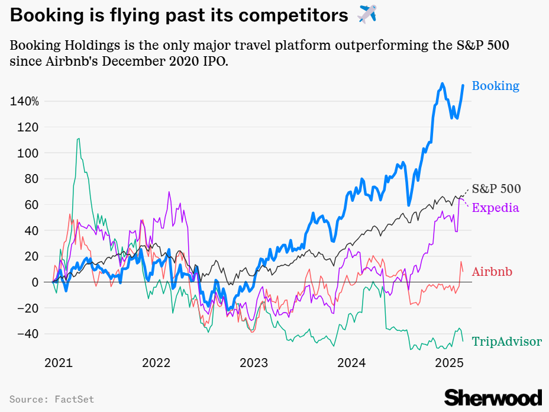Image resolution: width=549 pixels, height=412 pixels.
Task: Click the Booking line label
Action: (495, 86)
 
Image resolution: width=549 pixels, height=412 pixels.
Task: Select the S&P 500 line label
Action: (496, 189)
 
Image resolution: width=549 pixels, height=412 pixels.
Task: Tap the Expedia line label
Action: (496, 207)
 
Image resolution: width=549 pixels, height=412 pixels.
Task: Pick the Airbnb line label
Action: (492, 272)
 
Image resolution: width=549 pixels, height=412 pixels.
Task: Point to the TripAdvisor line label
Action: (506, 342)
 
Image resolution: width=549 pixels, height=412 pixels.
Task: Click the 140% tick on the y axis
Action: (24, 101)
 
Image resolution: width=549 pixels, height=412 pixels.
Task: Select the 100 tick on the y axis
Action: (29, 153)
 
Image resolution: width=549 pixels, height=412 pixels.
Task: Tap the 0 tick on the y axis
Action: (35, 282)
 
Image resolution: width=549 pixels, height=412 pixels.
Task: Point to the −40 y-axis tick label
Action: (25, 334)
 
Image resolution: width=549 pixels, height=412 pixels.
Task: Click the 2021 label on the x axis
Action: (58, 362)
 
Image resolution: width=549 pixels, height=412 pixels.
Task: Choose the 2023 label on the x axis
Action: (254, 362)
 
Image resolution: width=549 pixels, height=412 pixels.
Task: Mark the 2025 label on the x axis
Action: (449, 362)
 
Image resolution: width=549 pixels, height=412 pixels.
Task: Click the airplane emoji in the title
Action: (367, 14)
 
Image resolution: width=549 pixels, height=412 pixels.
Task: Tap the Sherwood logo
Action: (493, 397)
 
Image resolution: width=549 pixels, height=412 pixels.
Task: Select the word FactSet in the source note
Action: (75, 400)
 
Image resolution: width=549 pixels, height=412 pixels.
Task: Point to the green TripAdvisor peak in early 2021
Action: (78, 140)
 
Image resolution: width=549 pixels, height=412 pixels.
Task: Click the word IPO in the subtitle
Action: (215, 60)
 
